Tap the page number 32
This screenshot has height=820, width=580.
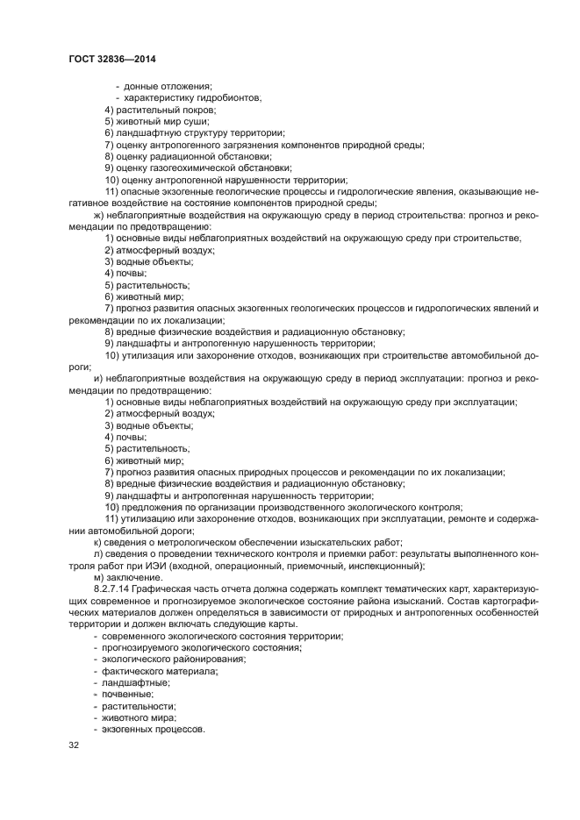(x=73, y=745)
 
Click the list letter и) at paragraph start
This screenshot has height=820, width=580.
(x=97, y=378)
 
